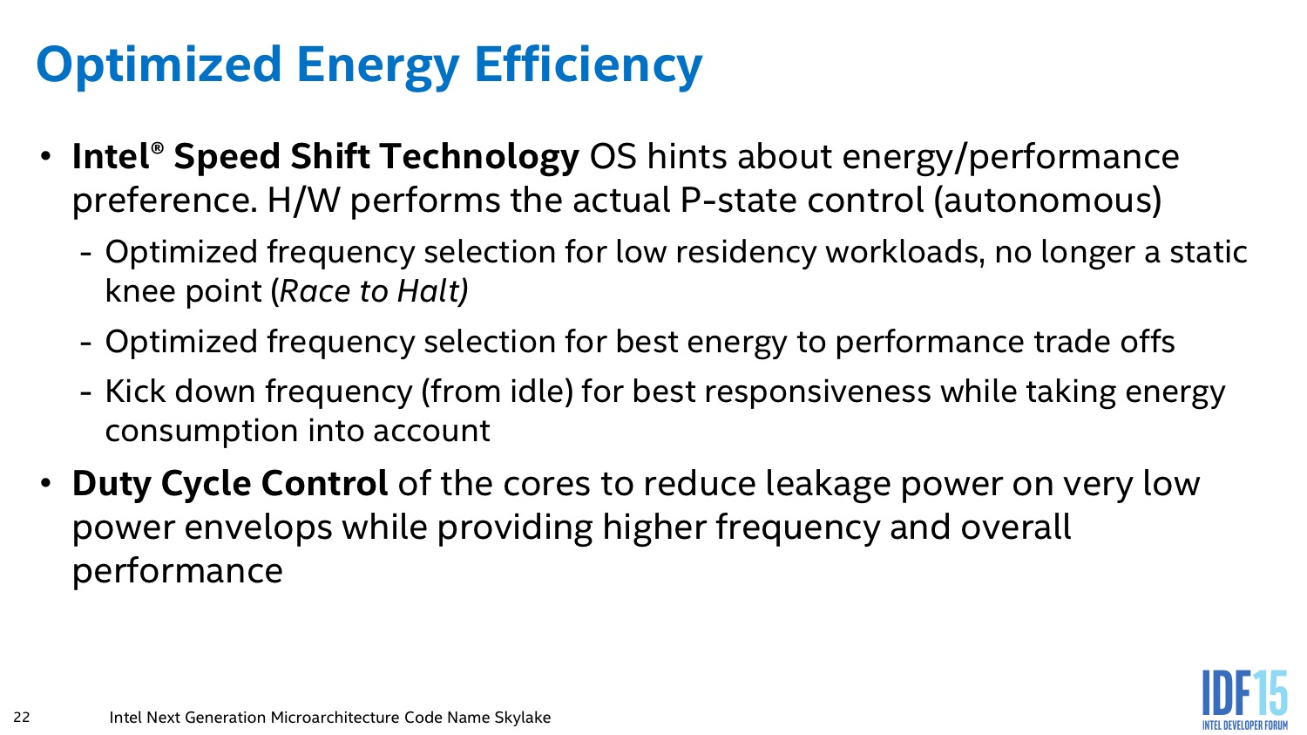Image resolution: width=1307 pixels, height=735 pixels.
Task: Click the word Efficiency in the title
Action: (588, 65)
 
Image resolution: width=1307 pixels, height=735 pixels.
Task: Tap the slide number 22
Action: (22, 717)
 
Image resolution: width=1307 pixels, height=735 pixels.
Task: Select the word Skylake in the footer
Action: (522, 717)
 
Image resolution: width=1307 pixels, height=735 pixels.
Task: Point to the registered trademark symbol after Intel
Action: (156, 148)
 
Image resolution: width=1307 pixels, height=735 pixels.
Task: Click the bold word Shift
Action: (330, 156)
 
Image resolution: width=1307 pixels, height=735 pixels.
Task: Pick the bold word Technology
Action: (479, 158)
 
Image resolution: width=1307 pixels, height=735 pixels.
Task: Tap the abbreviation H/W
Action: (303, 201)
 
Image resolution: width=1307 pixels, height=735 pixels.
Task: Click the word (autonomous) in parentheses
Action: (1048, 201)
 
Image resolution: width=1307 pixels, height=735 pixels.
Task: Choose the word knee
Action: (139, 290)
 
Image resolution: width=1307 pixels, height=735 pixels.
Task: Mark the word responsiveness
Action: (817, 392)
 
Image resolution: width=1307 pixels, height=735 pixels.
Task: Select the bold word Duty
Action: (112, 485)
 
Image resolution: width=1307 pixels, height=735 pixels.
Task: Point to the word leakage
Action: (828, 485)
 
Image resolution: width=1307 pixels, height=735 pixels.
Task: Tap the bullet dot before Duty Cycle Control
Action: (45, 484)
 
